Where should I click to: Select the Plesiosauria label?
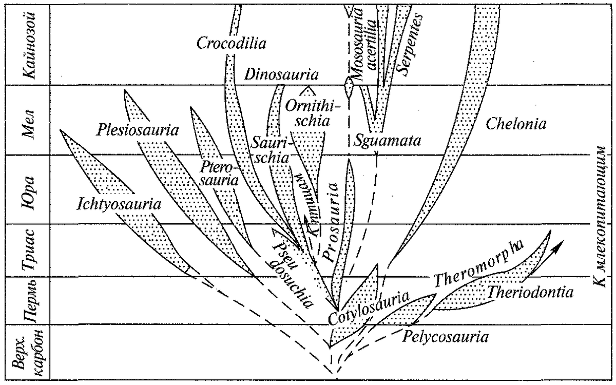[x=137, y=130]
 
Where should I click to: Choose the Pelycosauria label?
[x=446, y=337]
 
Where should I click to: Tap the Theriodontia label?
[x=530, y=293]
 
